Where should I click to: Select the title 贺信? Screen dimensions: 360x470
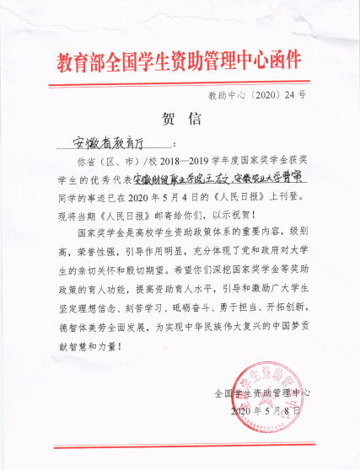pyautogui.click(x=180, y=119)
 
